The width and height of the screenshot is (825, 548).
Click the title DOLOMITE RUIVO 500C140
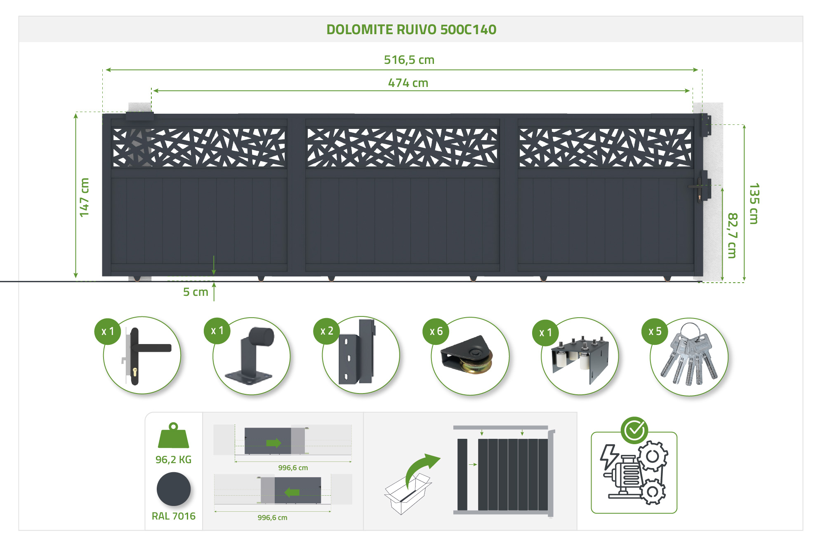coord(411,30)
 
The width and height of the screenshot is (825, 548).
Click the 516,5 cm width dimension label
coord(409,60)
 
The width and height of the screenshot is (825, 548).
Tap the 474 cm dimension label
coord(408,83)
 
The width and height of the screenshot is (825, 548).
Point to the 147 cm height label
coord(84,197)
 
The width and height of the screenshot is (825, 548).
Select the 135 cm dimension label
coord(754,204)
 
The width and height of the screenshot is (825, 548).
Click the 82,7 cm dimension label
coord(732,235)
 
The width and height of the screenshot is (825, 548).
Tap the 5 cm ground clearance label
coord(196,292)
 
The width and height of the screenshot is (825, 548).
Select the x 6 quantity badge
coord(436,331)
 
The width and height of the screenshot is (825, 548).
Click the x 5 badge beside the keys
coord(655,331)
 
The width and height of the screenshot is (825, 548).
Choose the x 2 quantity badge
coord(327,331)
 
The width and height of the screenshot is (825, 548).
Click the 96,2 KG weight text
coord(173,460)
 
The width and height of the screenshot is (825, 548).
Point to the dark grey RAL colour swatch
coord(174,489)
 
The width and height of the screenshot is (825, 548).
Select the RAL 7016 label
coord(174,516)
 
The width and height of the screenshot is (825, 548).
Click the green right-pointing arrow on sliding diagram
coord(273,443)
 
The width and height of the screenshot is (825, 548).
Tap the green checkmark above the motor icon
coord(634,430)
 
